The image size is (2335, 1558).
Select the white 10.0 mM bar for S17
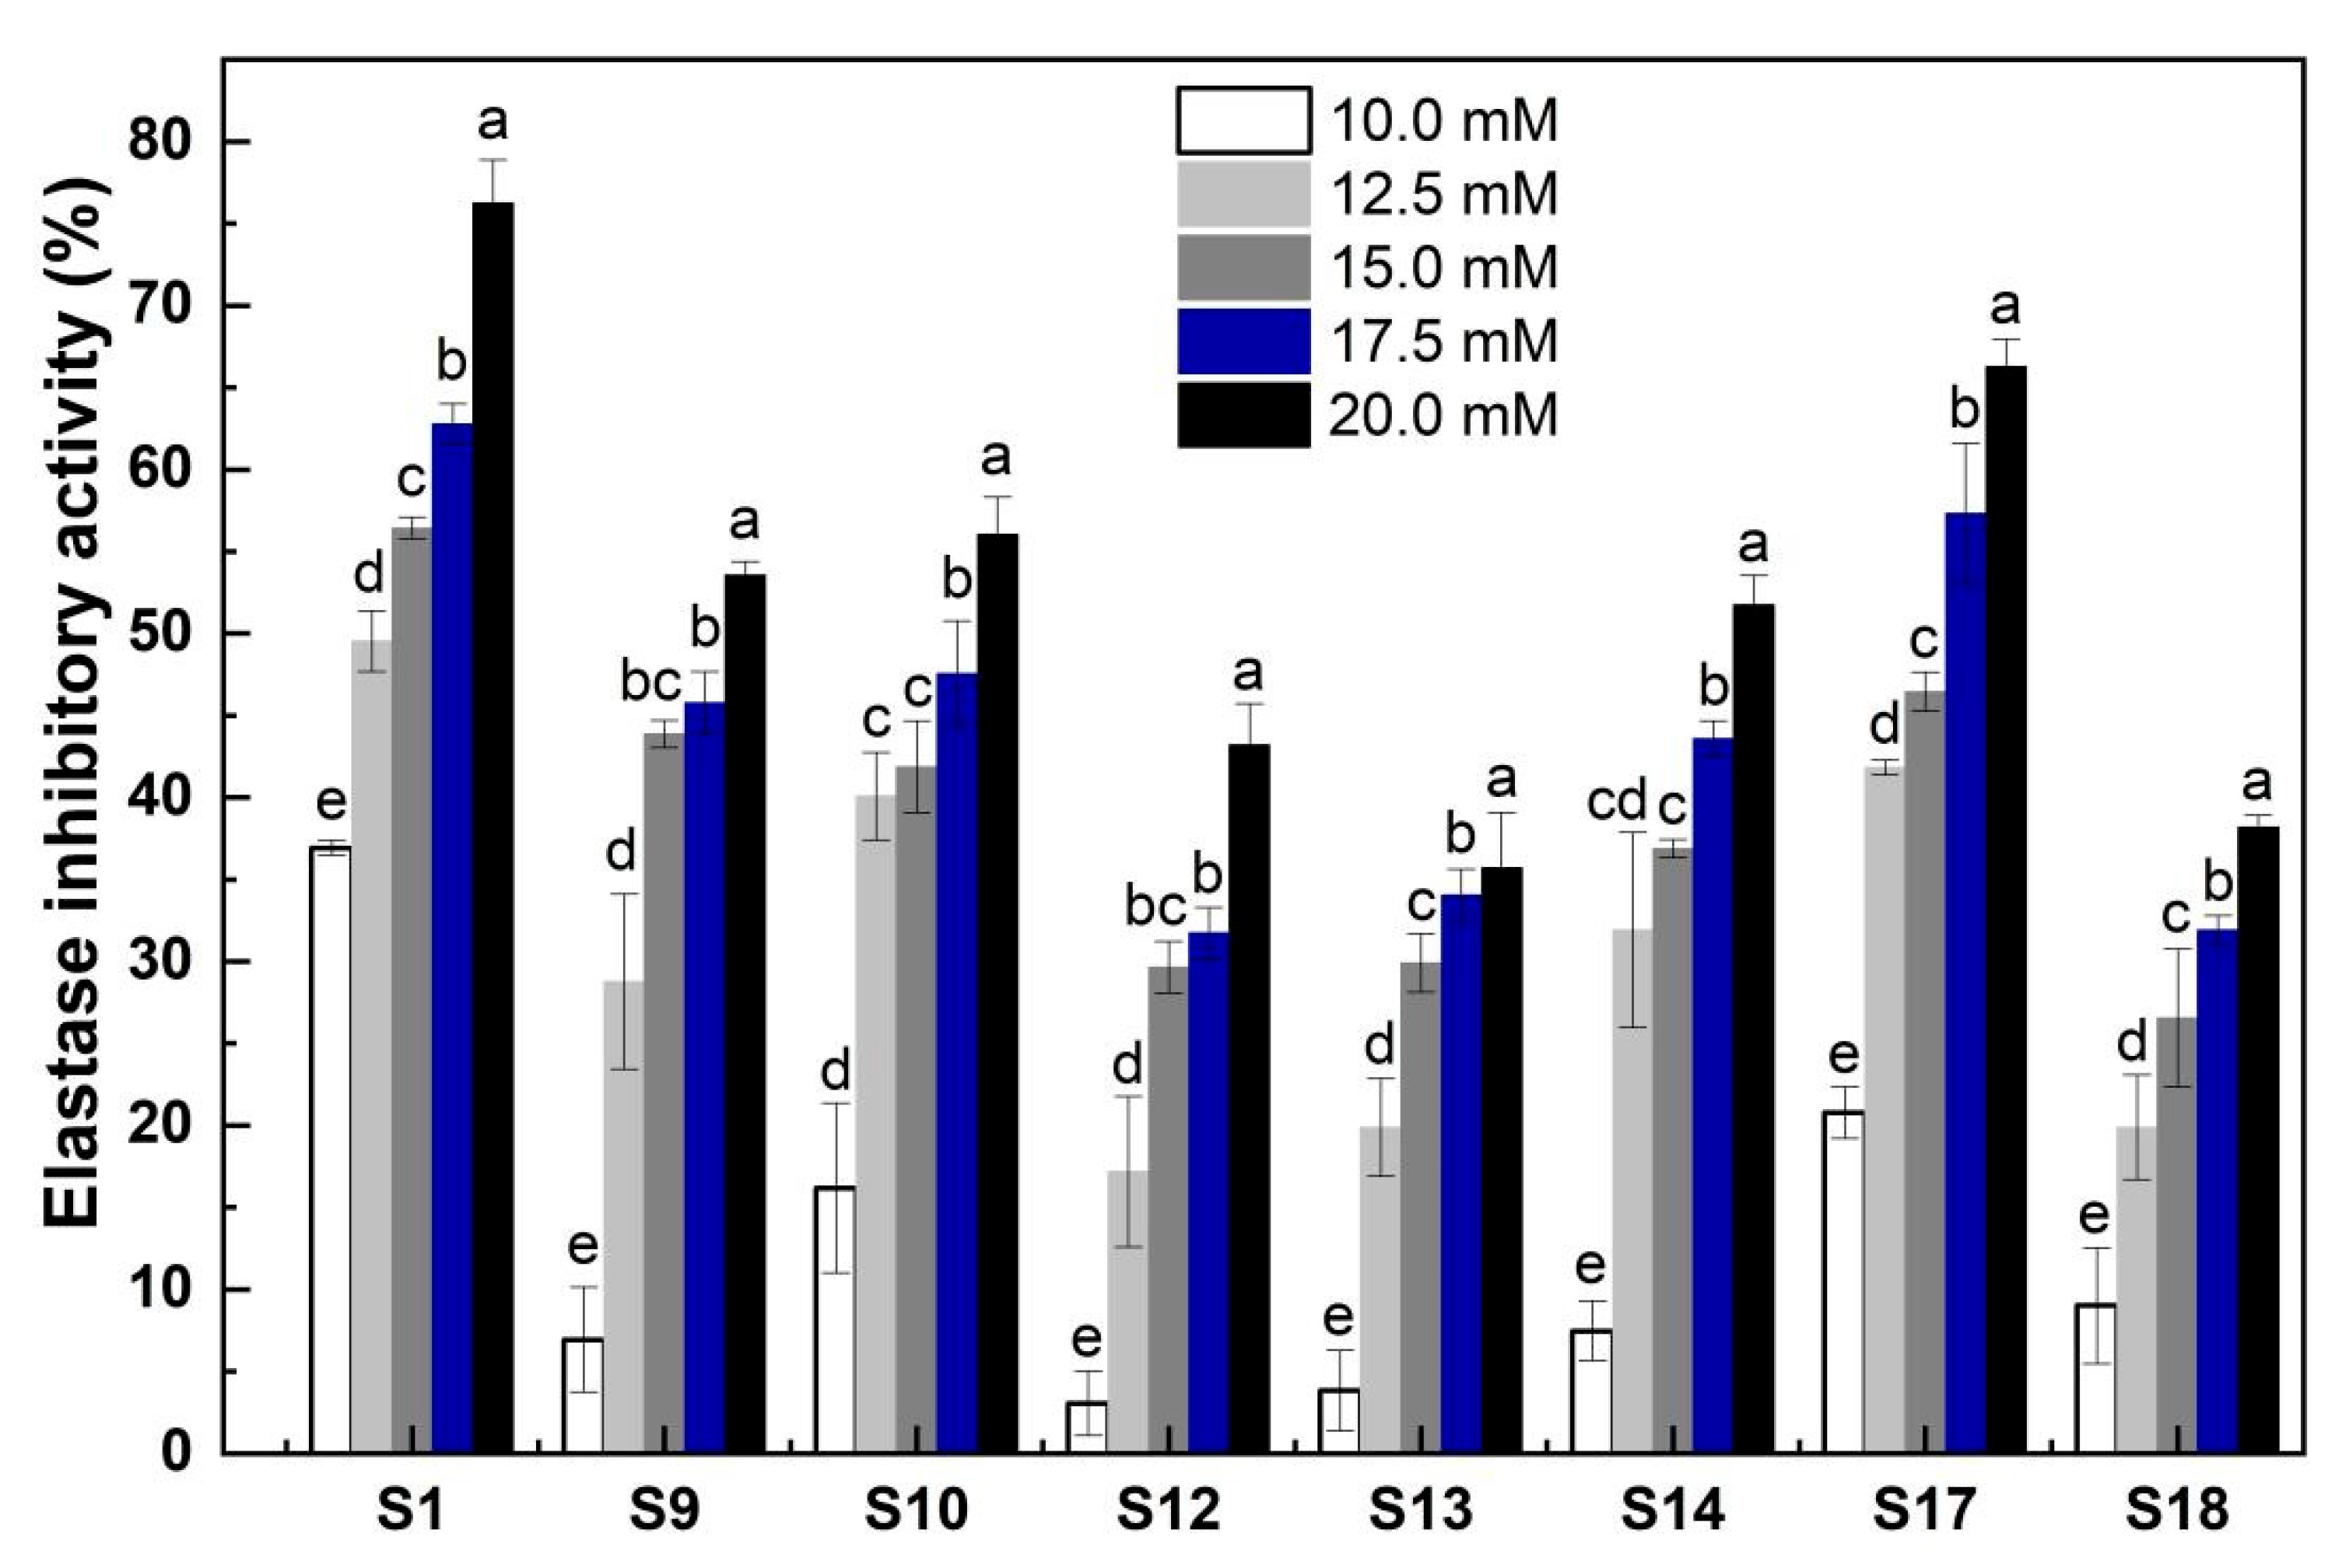click(1842, 1282)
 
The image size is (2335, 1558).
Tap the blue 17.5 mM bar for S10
click(956, 1063)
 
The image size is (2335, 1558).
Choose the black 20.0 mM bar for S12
click(1249, 1098)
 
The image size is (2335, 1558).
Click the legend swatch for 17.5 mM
click(1243, 342)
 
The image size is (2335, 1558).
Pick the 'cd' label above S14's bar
click(1616, 801)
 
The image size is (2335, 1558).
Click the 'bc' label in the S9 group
click(650, 683)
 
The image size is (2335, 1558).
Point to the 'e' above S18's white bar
click(2094, 1216)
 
